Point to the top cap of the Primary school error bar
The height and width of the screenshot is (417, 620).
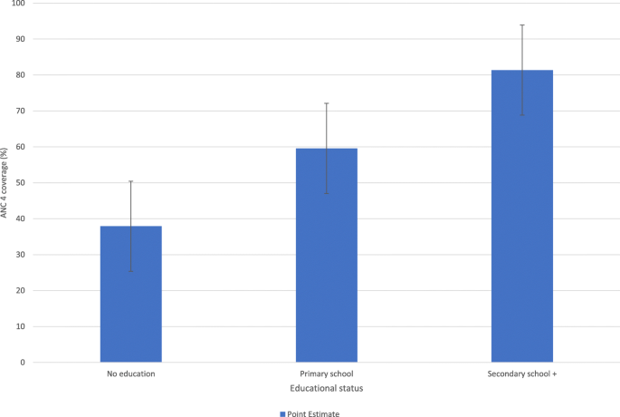click(x=326, y=103)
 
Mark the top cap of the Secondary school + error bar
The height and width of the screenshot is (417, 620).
click(x=522, y=25)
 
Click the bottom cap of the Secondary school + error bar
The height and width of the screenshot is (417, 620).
click(x=522, y=115)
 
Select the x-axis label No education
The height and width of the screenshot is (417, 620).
click(x=130, y=373)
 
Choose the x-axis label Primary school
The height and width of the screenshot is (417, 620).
click(x=326, y=373)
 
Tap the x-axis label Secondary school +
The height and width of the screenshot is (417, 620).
click(x=522, y=373)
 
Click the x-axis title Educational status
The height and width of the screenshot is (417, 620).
click(x=326, y=388)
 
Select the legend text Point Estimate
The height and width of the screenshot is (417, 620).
click(x=313, y=412)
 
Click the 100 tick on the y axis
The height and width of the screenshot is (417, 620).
click(x=18, y=4)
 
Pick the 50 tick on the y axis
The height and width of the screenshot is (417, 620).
click(x=20, y=183)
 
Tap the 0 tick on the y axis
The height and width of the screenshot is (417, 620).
click(x=23, y=363)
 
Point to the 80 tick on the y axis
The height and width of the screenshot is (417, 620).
click(x=20, y=75)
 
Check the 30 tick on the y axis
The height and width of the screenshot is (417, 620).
click(x=20, y=255)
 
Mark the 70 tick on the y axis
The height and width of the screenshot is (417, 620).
click(x=20, y=112)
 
